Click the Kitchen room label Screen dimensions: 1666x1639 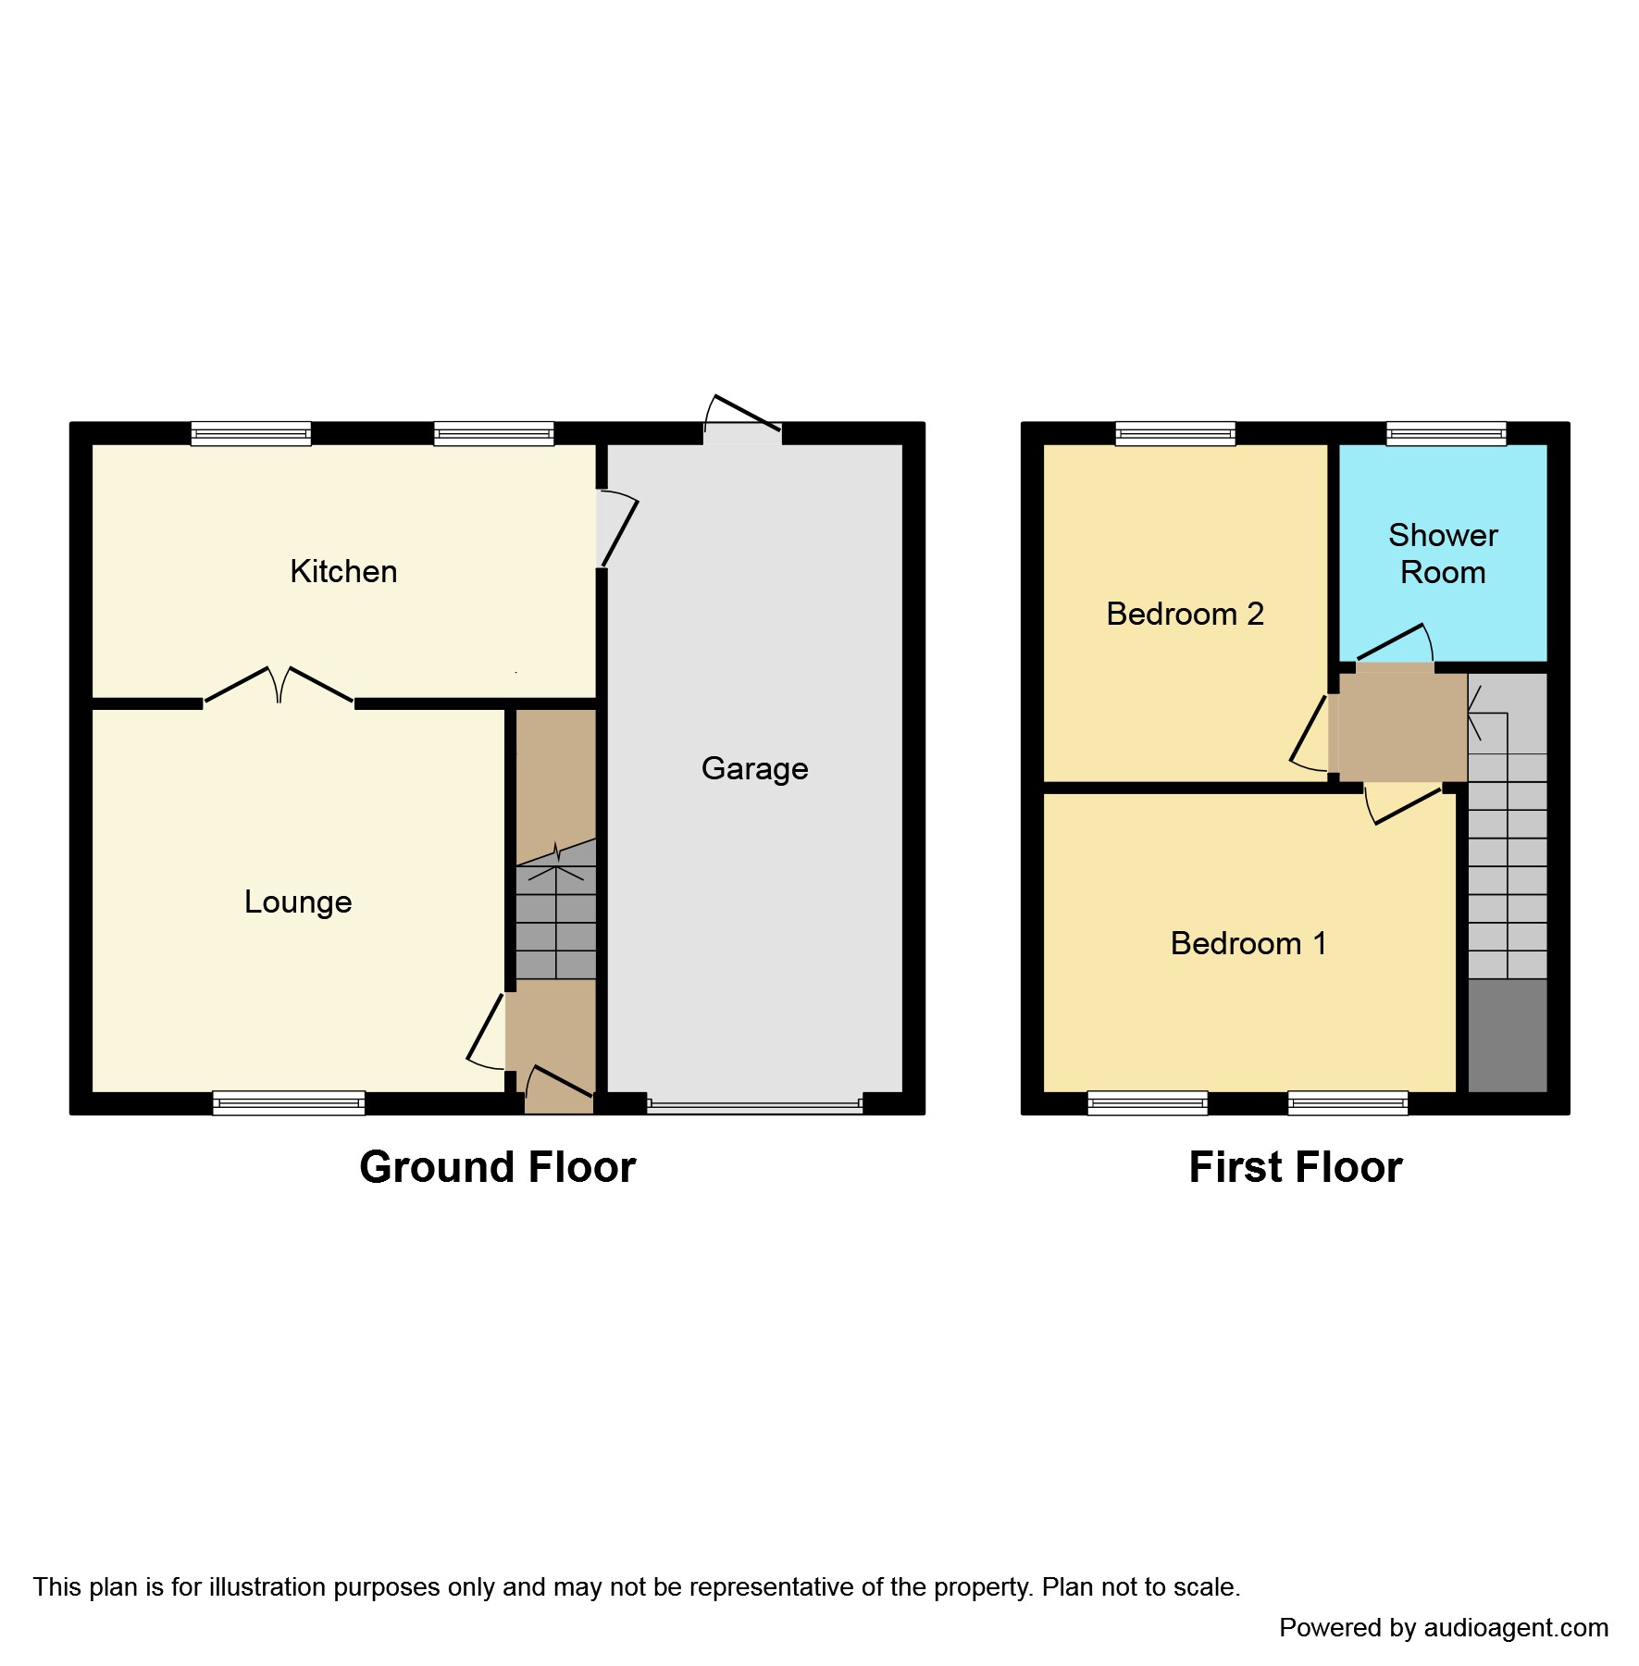[x=343, y=571]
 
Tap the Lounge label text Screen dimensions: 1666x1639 [x=298, y=901]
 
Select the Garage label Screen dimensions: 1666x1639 [x=754, y=768]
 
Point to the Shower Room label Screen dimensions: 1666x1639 [x=1443, y=553]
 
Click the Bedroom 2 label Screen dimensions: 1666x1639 [x=1185, y=614]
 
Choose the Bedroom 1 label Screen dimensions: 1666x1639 [x=1248, y=943]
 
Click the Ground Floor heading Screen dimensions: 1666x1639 [x=497, y=1167]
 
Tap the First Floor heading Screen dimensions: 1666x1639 [x=1295, y=1167]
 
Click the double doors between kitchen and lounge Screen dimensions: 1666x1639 [x=279, y=686]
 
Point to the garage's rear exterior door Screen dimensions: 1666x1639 [x=743, y=418]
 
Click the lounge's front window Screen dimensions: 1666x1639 [x=289, y=1102]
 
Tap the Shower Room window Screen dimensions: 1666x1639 [x=1446, y=433]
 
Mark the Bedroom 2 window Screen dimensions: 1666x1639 [x=1175, y=433]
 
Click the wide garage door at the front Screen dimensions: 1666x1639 [x=754, y=1103]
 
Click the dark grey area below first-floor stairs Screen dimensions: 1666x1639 [x=1508, y=1035]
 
